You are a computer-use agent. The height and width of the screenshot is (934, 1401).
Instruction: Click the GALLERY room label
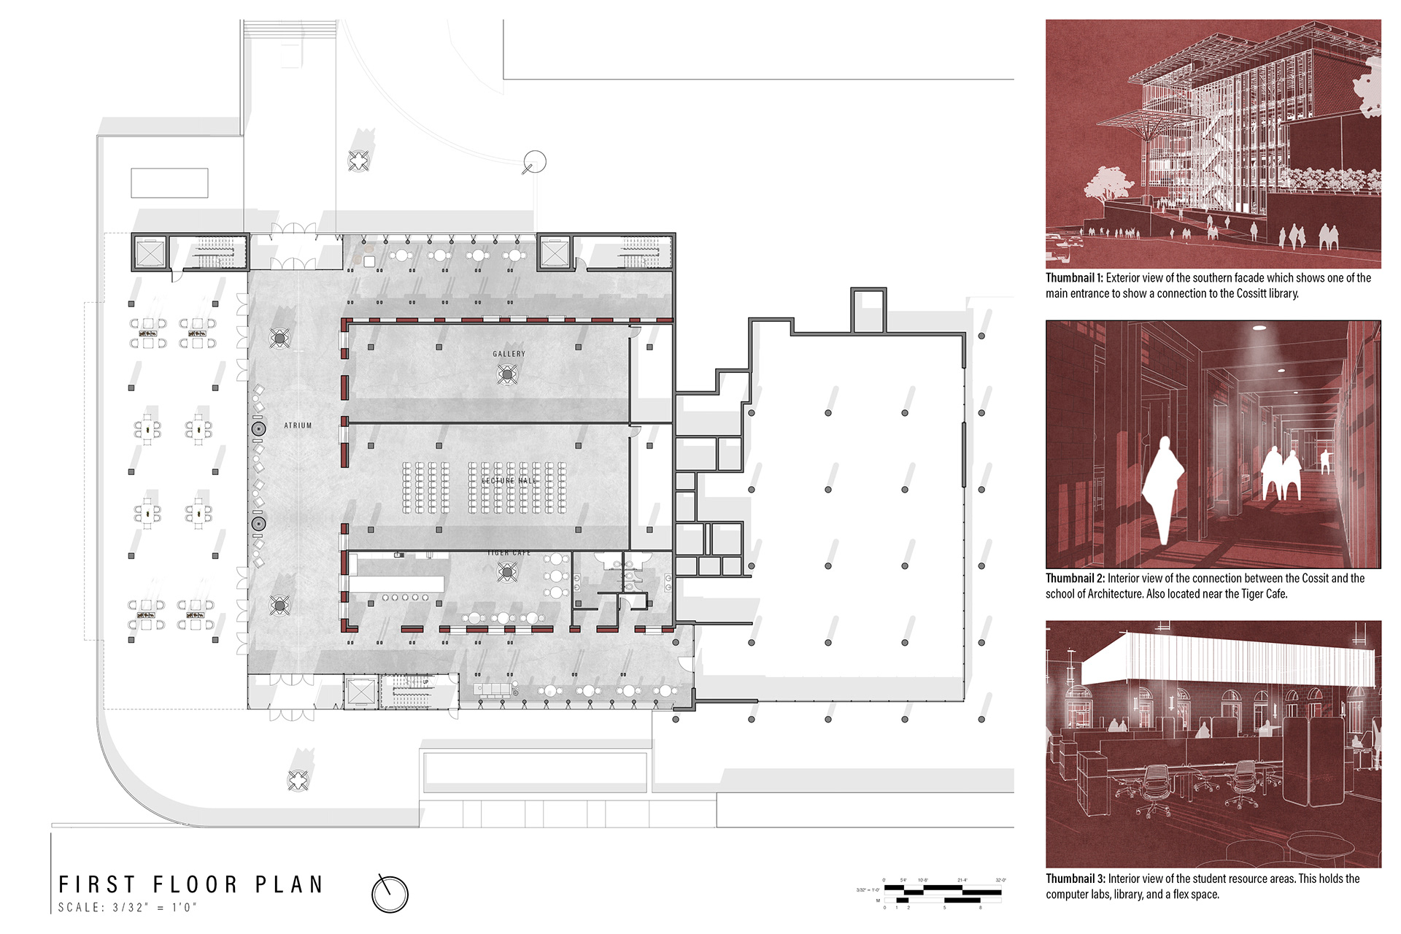pyautogui.click(x=509, y=354)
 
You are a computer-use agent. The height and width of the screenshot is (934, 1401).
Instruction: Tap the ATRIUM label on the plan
pyautogui.click(x=298, y=425)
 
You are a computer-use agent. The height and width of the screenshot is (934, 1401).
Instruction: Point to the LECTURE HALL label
pyautogui.click(x=509, y=481)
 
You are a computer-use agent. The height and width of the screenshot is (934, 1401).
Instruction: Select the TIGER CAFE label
pyautogui.click(x=509, y=553)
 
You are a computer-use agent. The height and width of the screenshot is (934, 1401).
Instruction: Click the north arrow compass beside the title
pyautogui.click(x=390, y=893)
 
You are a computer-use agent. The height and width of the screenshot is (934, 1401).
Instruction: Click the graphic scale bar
pyautogui.click(x=942, y=892)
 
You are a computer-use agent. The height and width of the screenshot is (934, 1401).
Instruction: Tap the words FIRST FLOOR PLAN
pyautogui.click(x=191, y=884)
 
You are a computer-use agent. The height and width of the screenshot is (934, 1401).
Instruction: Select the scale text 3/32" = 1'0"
pyautogui.click(x=128, y=908)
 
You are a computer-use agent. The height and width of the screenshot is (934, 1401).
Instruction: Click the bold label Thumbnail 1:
pyautogui.click(x=1074, y=278)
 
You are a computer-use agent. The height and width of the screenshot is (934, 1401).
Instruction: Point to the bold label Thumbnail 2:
pyautogui.click(x=1075, y=579)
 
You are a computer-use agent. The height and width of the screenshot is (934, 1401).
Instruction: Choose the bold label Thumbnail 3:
pyautogui.click(x=1075, y=879)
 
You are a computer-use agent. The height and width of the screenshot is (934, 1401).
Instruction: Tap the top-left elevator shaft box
pyautogui.click(x=150, y=252)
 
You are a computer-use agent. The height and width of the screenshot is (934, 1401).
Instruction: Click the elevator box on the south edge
pyautogui.click(x=360, y=692)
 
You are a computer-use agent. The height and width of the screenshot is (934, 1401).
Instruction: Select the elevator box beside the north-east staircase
pyautogui.click(x=554, y=252)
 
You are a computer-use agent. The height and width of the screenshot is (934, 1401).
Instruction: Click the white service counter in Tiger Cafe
pyautogui.click(x=397, y=584)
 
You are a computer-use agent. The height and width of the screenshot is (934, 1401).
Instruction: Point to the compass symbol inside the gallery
pyautogui.click(x=507, y=375)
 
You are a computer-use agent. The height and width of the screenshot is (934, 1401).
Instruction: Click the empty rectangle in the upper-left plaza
pyautogui.click(x=169, y=183)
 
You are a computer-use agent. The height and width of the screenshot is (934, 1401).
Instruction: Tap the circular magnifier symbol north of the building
pyautogui.click(x=534, y=162)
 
